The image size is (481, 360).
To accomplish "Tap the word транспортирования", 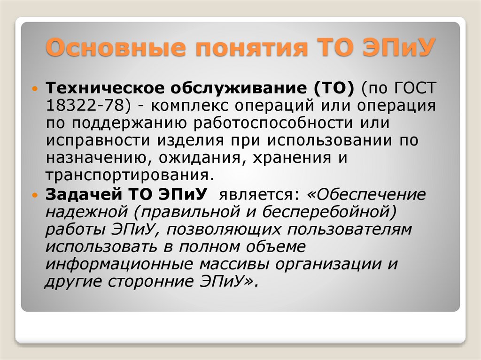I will tap(126, 176).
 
